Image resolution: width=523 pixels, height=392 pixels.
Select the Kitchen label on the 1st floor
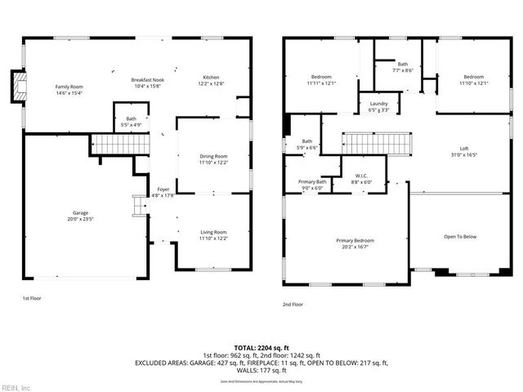(x=212, y=80)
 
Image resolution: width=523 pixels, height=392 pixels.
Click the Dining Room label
(x=213, y=159)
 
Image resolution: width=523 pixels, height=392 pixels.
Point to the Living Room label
(x=213, y=235)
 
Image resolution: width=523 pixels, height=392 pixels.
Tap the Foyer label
(x=163, y=192)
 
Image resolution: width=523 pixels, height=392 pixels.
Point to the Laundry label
(x=378, y=106)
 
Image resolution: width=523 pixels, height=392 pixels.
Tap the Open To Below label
(x=459, y=237)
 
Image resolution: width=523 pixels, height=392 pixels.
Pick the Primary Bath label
(x=311, y=185)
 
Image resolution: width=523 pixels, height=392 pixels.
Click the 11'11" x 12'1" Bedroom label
(x=320, y=80)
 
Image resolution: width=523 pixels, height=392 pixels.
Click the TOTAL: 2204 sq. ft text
(x=261, y=349)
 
